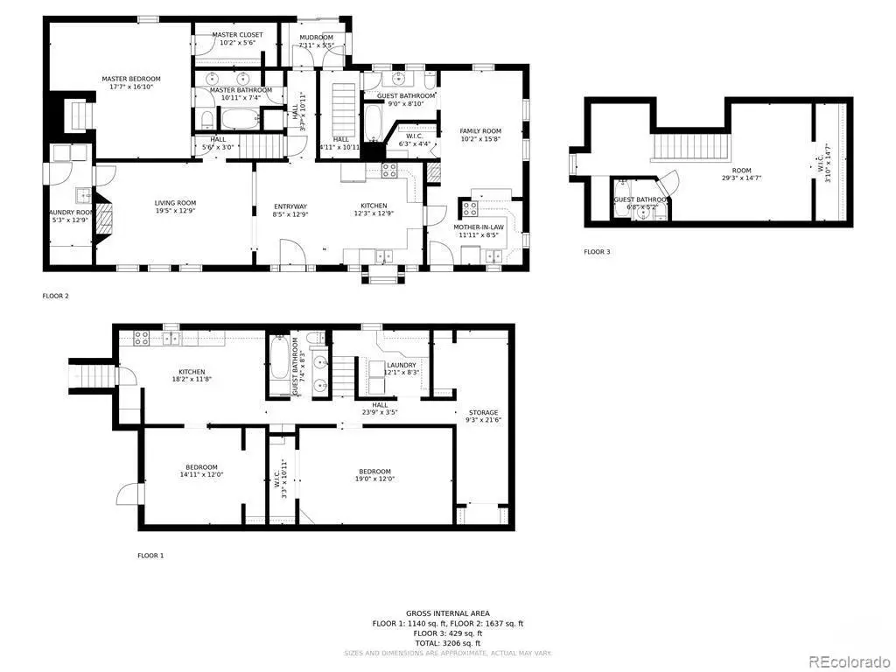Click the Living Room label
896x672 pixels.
176,206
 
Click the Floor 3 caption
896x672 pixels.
598,252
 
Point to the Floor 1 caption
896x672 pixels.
150,556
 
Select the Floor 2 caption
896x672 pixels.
55,296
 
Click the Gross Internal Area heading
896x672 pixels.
448,613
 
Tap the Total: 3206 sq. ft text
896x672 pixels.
448,643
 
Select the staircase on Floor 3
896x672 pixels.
686,145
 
